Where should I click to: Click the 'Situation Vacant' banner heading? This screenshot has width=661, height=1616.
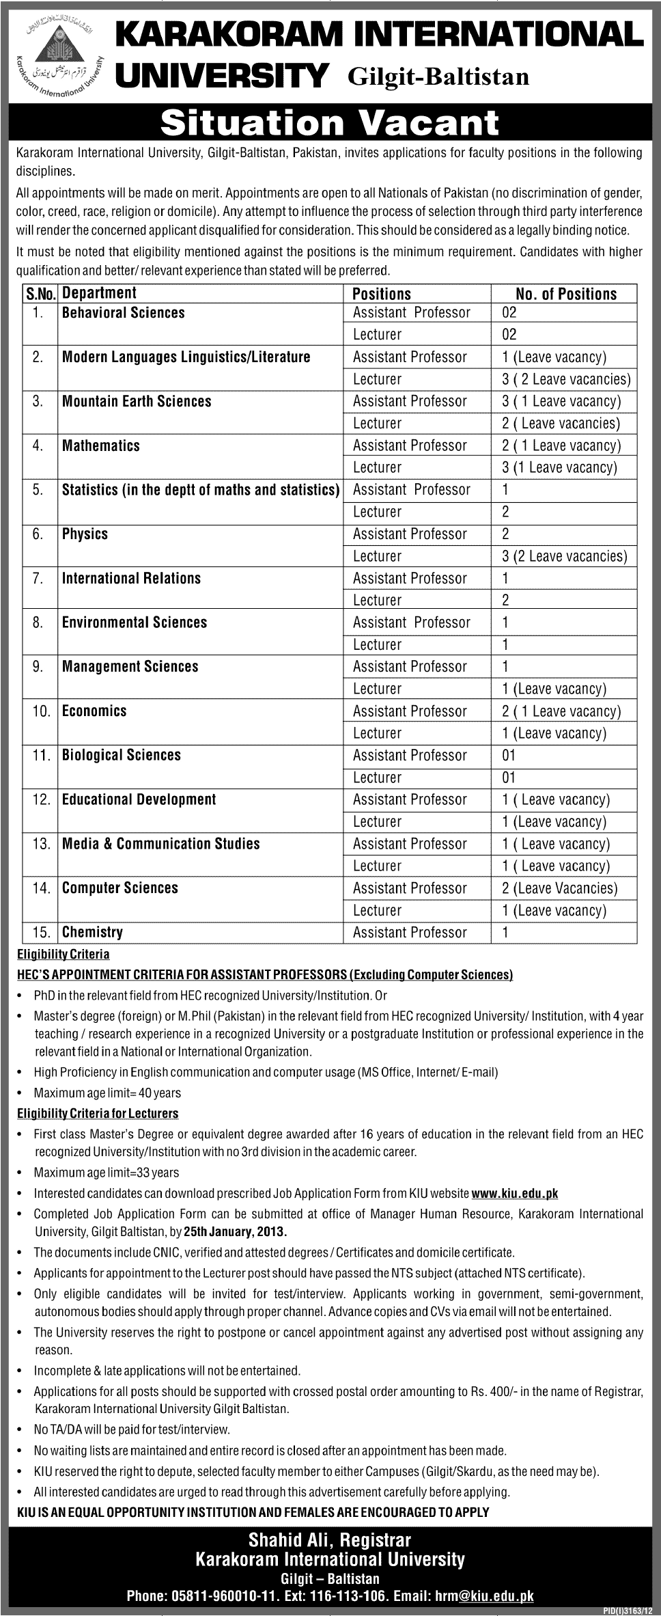point(330,123)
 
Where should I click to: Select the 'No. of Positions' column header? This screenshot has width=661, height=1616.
point(566,294)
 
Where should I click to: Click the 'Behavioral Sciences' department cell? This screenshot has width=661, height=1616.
point(124,313)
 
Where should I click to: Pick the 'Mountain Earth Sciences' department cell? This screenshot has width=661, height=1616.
point(137,401)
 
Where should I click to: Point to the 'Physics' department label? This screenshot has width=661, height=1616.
point(85,534)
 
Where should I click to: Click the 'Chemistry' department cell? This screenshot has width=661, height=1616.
point(93,932)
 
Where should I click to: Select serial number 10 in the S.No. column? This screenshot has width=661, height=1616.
point(41,711)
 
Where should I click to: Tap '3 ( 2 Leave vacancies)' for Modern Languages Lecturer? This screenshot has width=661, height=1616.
point(566,379)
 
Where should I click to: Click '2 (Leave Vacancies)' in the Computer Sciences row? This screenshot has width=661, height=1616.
point(559,888)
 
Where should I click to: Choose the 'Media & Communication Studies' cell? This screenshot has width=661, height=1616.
point(161,844)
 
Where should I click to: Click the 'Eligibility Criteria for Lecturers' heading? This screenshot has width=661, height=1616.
point(98,1114)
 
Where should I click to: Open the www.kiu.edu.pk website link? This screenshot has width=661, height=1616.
point(515,1194)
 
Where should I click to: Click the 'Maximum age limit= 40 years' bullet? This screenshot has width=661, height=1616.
point(107,1093)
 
